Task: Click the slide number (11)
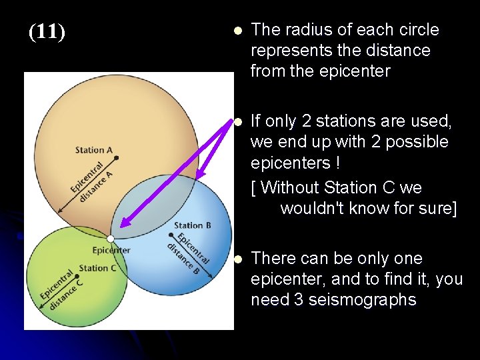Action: pos(47,32)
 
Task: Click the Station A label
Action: pos(94,150)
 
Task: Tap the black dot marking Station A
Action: pos(116,158)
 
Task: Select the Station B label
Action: pos(193,225)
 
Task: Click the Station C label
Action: pos(97,268)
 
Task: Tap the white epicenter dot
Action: pos(111,238)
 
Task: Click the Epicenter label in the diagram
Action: pos(111,250)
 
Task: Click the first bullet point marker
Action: pos(237,31)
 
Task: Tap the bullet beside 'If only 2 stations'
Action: pos(237,122)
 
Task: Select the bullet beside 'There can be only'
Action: pos(237,259)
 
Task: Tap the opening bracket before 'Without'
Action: pos(254,187)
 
